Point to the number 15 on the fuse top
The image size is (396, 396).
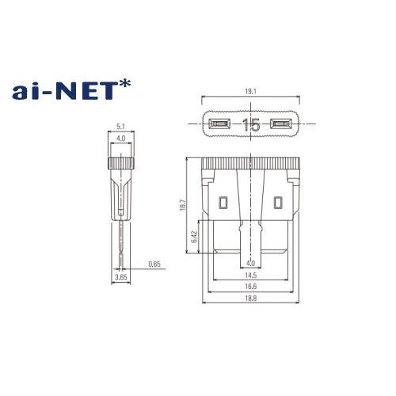[251, 124]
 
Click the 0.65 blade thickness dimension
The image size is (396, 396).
[154, 265]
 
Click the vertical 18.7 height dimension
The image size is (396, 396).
[183, 205]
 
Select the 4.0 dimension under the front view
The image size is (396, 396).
[250, 264]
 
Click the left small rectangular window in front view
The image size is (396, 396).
[223, 202]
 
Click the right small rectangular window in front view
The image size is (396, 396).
[277, 202]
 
